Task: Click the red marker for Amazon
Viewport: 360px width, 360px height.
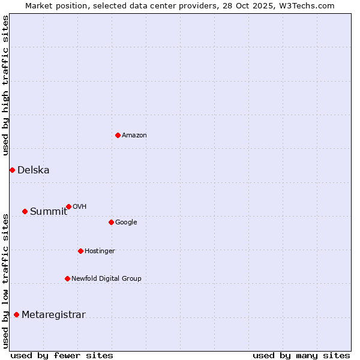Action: coord(118,135)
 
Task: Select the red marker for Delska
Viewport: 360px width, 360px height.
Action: coord(12,170)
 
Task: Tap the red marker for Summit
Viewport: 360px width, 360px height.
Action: coord(25,211)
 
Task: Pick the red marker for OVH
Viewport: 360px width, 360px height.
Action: coord(68,206)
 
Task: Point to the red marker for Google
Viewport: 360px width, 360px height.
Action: coord(111,222)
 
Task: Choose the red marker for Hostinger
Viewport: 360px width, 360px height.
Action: coord(80,251)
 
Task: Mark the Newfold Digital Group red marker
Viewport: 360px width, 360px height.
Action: coord(67,278)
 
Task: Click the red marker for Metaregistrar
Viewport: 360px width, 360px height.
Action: coord(16,314)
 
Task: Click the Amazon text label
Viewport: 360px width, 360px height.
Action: coord(134,135)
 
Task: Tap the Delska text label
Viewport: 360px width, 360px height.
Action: coord(34,170)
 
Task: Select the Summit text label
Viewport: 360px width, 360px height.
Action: coord(49,211)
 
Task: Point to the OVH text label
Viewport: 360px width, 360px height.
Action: coord(80,206)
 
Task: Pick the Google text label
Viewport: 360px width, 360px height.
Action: coord(126,222)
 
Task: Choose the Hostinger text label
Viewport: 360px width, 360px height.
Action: coord(100,251)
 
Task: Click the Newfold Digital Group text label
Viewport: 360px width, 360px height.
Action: coord(106,278)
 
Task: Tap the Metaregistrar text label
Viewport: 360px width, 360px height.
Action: coord(53,314)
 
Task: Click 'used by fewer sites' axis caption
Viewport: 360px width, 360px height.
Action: coord(62,355)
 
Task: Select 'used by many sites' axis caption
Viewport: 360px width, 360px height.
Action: coord(301,355)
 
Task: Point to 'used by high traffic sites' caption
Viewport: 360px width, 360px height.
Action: coord(5,85)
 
